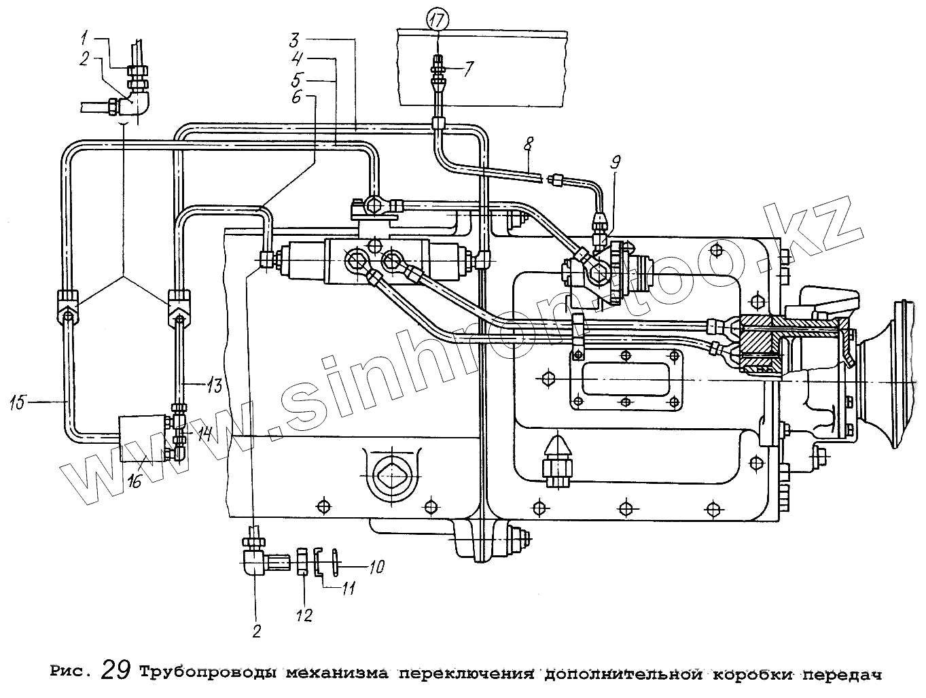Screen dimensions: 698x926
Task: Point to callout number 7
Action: click(469, 68)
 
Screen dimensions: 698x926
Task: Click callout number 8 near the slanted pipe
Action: click(528, 145)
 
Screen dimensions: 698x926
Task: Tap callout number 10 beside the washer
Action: click(376, 566)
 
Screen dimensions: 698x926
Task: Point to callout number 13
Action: click(215, 385)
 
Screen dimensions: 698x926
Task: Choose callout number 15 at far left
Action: click(18, 402)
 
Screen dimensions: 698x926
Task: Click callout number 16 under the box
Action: click(134, 481)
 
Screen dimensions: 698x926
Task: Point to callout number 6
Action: click(296, 97)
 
